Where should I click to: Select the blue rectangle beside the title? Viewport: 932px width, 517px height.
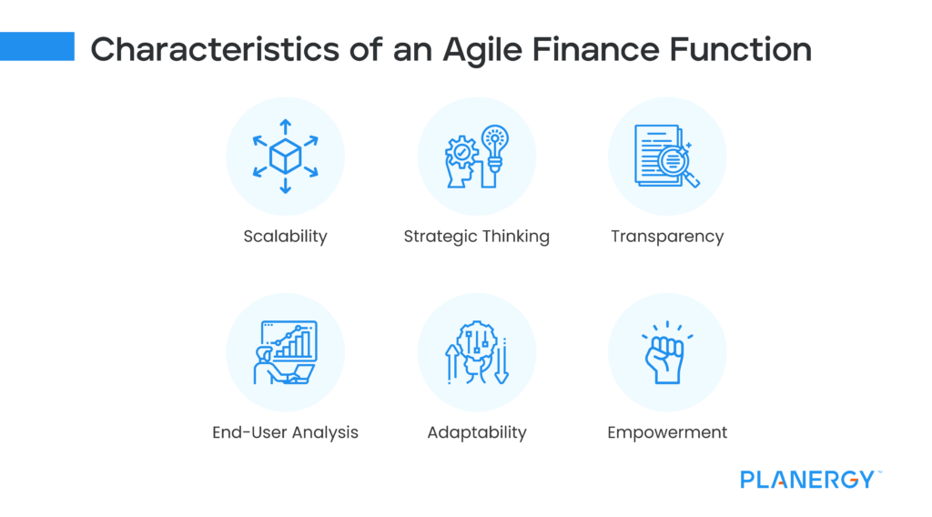(37, 46)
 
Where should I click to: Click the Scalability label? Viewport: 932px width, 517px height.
(285, 237)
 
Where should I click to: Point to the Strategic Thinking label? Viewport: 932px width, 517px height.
(476, 237)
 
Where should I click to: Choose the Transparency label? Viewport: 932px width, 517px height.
(667, 237)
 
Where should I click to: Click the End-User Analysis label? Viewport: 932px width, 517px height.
(285, 432)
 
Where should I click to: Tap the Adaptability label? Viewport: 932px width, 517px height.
(476, 432)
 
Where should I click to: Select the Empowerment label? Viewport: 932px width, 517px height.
(667, 432)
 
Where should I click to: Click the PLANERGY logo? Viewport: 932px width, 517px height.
(807, 480)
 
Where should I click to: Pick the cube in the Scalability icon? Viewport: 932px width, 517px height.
(285, 157)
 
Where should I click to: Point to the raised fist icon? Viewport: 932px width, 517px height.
(664, 358)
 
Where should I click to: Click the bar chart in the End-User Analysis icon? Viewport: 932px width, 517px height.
(295, 344)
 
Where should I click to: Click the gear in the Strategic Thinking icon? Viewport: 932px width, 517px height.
(461, 152)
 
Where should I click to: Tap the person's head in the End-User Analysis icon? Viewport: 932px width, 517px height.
(265, 353)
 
